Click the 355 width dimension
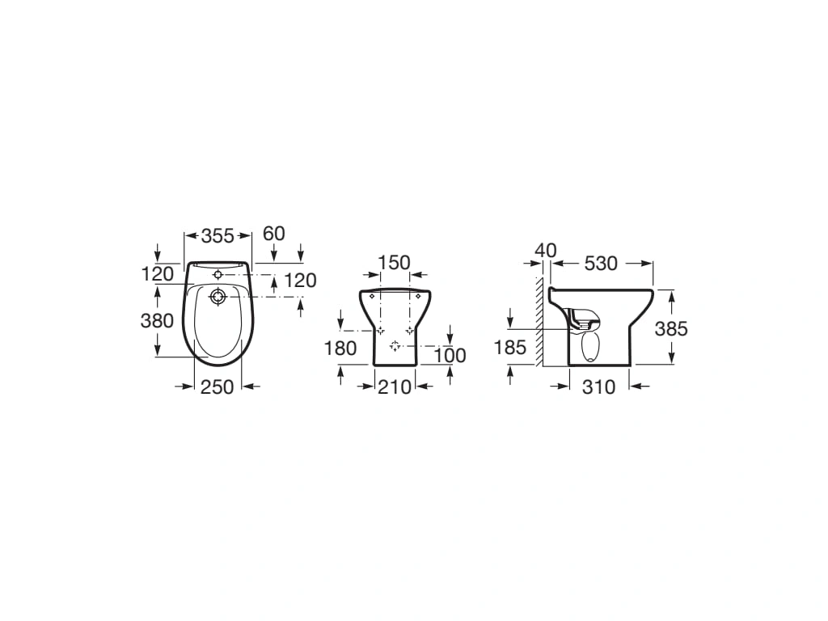click(217, 235)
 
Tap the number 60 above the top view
click(274, 234)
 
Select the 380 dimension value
click(158, 320)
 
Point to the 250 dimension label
click(217, 387)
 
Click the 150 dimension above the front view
click(395, 263)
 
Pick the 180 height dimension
click(340, 349)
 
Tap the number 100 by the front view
click(450, 356)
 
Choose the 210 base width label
click(395, 387)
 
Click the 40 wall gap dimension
click(546, 251)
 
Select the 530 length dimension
click(601, 263)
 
